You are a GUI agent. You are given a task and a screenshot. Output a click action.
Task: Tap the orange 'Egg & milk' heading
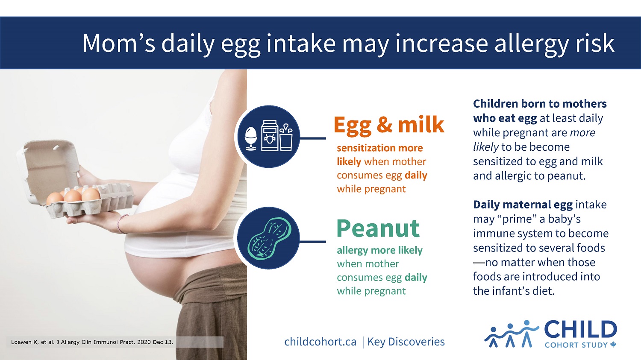(389, 125)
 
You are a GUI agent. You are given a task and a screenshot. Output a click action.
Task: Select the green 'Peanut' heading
(378, 228)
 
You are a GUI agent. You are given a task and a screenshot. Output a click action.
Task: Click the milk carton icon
(270, 135)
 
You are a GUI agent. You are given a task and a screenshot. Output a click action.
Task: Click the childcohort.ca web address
(320, 342)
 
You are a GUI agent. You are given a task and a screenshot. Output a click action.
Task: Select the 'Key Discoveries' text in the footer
(406, 342)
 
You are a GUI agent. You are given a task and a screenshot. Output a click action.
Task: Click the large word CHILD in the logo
(581, 330)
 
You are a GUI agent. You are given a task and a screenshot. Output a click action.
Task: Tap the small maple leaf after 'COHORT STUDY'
(613, 345)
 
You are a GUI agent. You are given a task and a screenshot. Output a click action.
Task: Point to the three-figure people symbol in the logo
(512, 334)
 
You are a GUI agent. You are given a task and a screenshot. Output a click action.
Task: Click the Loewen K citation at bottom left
(92, 342)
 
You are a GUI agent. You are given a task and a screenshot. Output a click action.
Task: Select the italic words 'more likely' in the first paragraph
(534, 140)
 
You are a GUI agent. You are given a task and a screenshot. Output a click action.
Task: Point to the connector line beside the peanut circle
(312, 242)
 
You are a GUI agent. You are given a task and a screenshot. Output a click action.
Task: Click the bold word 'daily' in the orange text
(416, 175)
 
